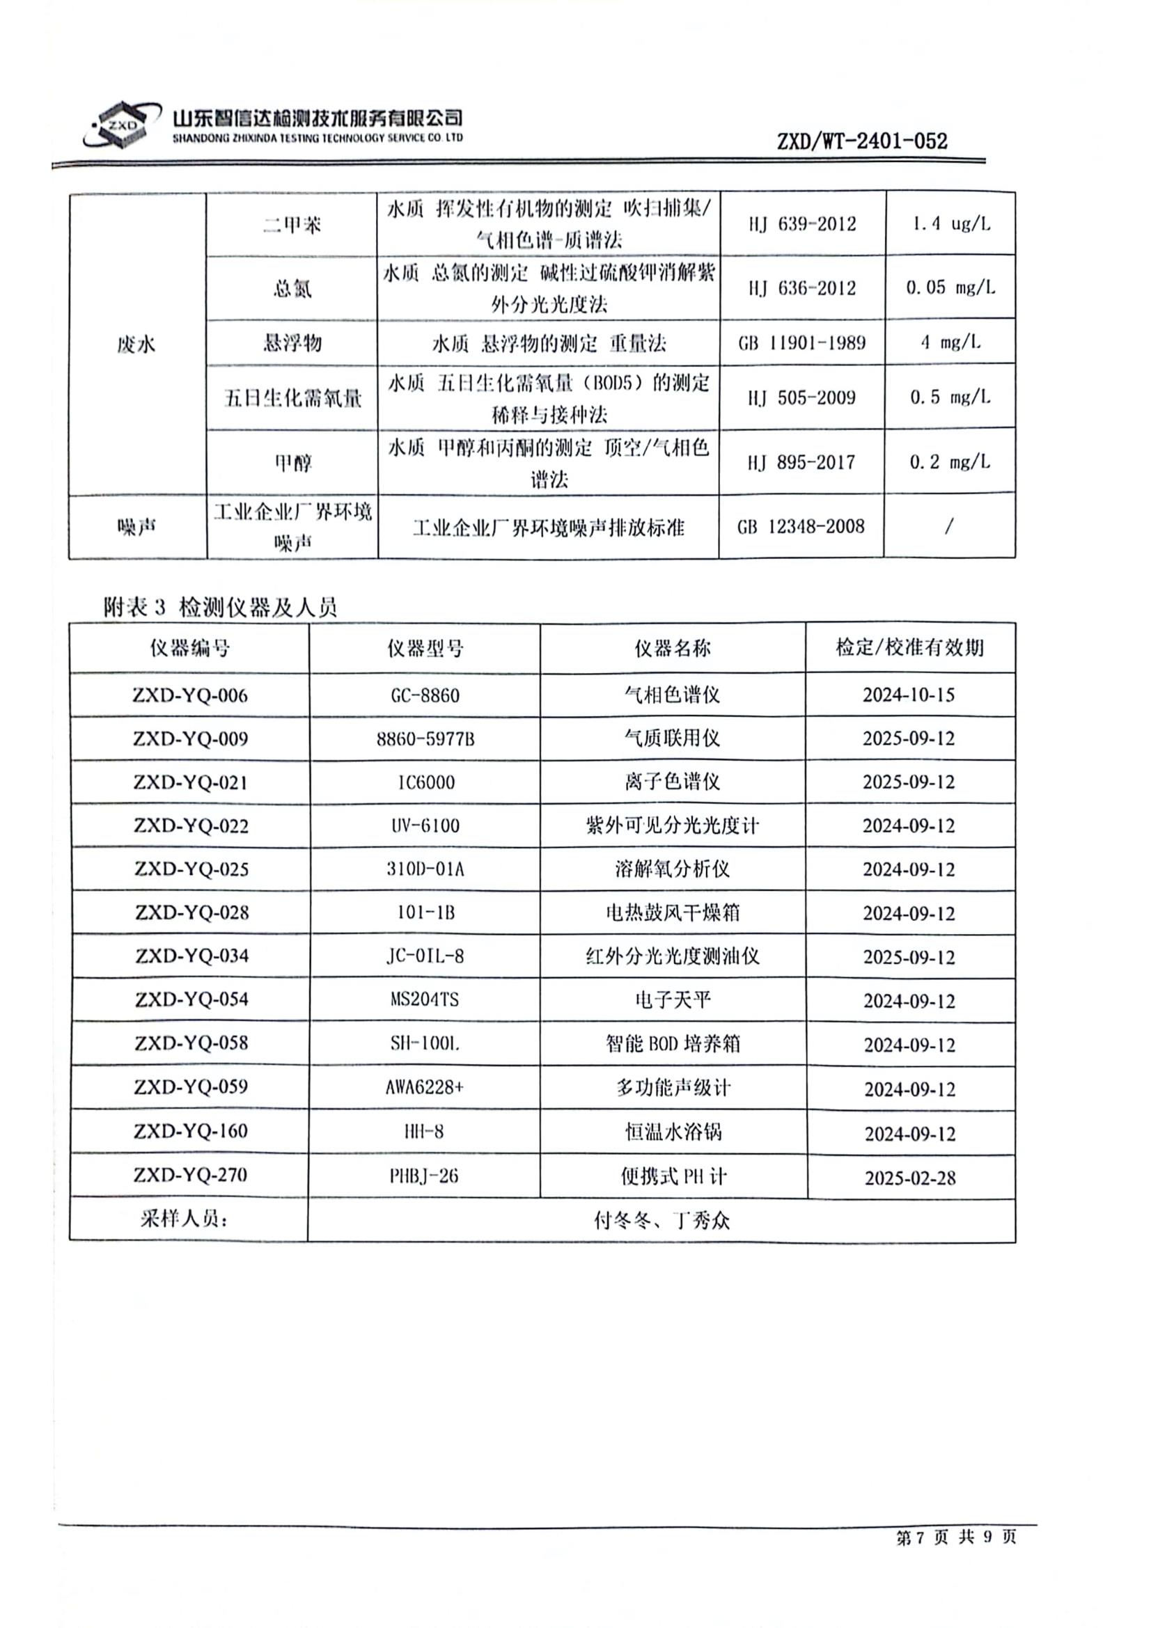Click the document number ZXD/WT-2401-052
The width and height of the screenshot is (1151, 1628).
[x=861, y=141]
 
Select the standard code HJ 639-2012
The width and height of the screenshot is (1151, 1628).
[x=802, y=224]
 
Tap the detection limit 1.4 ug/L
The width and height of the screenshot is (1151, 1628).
[x=950, y=224]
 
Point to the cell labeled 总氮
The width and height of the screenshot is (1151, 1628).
[x=292, y=289]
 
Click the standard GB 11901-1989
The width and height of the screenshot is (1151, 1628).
[x=802, y=343]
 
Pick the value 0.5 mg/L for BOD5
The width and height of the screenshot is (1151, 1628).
[x=950, y=397]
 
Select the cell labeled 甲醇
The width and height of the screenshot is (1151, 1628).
[x=292, y=463]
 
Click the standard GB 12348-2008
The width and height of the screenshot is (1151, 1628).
[x=801, y=527]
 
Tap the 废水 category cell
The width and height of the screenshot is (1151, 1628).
[x=136, y=345]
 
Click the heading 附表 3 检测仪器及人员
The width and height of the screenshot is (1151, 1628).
[x=220, y=607]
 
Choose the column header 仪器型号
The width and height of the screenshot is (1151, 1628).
[x=425, y=648]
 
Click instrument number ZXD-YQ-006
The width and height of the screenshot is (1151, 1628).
[x=190, y=695]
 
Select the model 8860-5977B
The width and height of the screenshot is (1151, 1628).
[x=425, y=740]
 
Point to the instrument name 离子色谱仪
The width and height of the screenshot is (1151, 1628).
[x=673, y=782]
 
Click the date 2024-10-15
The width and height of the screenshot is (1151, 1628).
[x=909, y=695]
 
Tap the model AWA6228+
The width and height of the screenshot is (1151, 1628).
[x=424, y=1086]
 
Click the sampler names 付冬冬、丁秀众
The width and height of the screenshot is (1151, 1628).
[x=661, y=1220]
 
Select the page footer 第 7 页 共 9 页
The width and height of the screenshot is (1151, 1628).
[x=955, y=1537]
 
